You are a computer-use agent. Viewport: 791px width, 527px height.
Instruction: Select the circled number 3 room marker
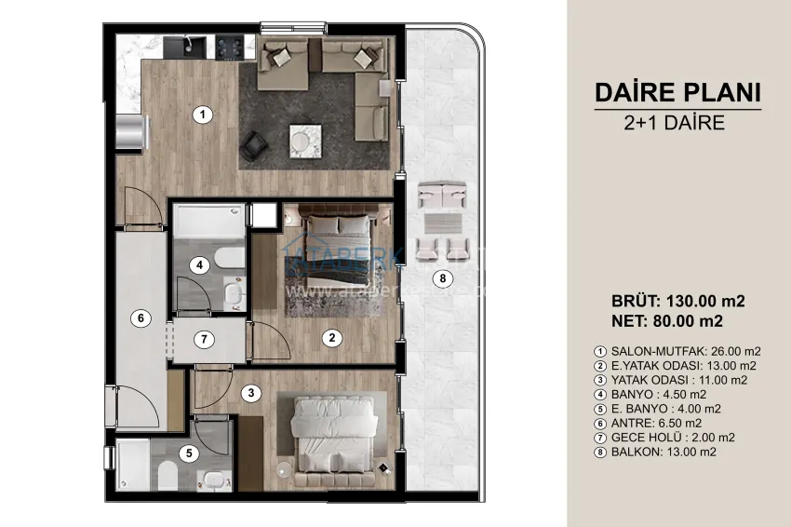(249, 393)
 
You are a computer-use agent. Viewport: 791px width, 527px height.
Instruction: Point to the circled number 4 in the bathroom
(198, 264)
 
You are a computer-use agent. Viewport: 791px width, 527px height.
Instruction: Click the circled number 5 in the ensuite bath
(189, 453)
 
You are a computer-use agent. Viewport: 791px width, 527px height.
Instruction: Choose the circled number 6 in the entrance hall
(140, 318)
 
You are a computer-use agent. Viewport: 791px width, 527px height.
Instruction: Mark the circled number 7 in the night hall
(206, 338)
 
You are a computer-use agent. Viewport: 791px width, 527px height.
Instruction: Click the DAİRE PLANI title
(677, 92)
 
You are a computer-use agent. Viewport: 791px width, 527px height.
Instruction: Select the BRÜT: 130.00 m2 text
(678, 302)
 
